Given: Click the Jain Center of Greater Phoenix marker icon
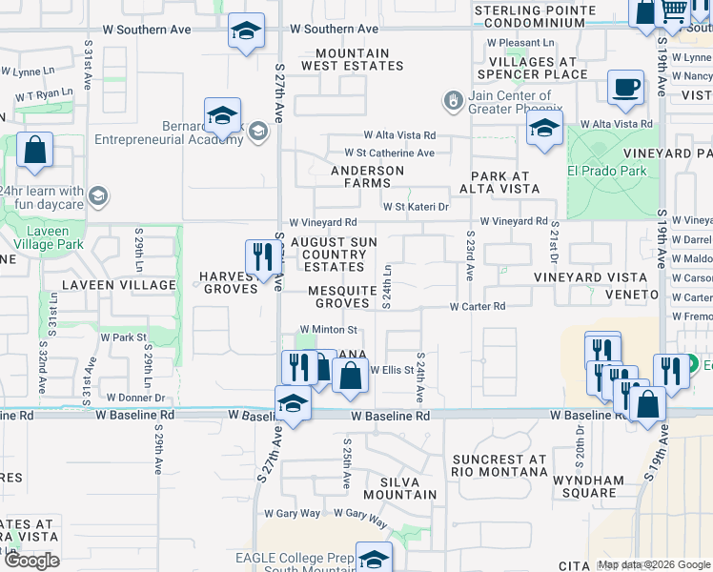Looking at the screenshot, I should [x=455, y=100].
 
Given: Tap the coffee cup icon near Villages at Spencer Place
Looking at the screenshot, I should [x=625, y=88].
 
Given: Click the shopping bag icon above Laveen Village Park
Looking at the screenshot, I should [x=34, y=151].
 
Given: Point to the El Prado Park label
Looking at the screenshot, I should [x=606, y=172].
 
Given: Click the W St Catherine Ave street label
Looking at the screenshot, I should [x=389, y=153].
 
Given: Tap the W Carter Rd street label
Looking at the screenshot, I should [x=478, y=306].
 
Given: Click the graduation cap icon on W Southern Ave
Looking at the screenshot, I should [x=246, y=31].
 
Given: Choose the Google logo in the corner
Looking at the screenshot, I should [x=31, y=561].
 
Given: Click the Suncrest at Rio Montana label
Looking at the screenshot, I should [x=499, y=466].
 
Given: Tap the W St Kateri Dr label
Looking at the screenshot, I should [x=416, y=206].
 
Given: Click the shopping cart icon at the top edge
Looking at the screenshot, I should [x=675, y=10].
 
